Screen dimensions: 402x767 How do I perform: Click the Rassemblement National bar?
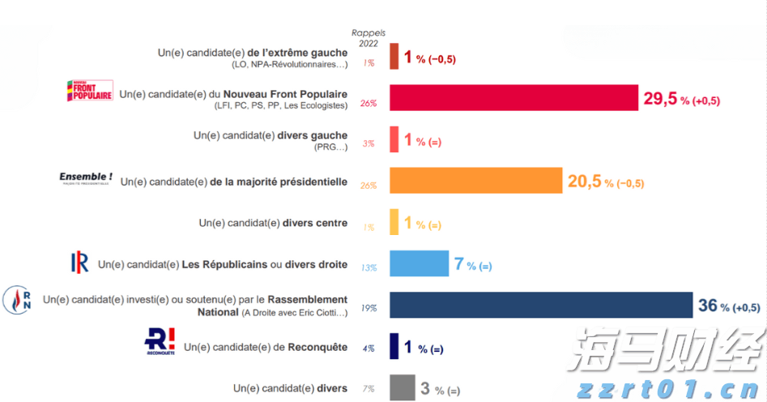point(540,304)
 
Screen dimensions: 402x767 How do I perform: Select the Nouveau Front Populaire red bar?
point(513,97)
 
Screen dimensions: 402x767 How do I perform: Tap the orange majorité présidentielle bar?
point(475,181)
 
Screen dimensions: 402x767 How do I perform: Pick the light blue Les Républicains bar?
point(419,263)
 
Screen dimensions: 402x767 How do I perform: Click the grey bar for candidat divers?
point(402,387)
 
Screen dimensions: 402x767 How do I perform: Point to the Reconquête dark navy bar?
point(394,346)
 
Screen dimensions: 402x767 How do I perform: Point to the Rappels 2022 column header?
point(369,38)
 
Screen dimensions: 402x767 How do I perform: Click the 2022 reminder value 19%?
point(369,308)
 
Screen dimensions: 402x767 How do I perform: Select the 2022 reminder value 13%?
point(369,267)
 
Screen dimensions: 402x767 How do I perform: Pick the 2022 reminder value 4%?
point(369,349)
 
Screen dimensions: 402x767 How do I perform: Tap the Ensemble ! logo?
point(86,177)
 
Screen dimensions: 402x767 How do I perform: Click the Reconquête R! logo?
point(160,341)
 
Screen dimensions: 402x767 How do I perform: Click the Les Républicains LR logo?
point(80,262)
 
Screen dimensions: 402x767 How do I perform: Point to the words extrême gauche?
point(307,53)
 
